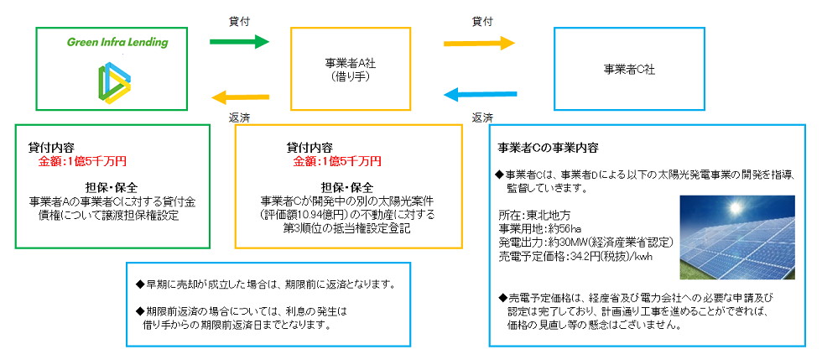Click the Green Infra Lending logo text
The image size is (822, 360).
point(117,42)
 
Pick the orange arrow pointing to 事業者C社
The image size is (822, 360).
point(479,42)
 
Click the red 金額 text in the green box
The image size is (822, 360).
point(83,160)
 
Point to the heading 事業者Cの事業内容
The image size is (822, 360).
point(548,147)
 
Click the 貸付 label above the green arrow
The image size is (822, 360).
point(239,18)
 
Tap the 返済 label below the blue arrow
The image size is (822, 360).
point(481,117)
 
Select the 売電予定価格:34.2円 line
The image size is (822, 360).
point(575,255)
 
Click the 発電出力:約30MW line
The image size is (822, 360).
point(585,242)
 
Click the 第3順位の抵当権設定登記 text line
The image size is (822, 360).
point(347,227)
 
